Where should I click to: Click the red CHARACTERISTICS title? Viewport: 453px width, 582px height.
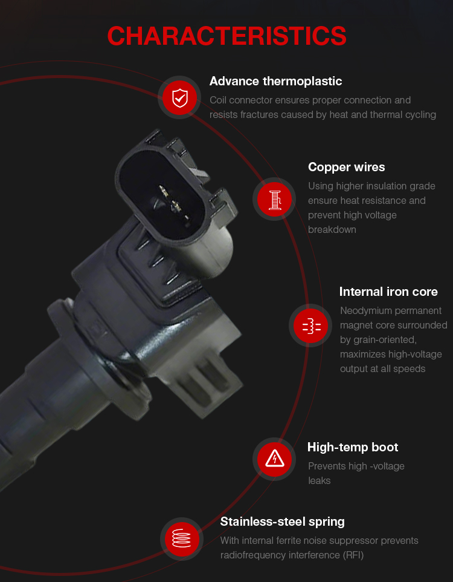pos(226,36)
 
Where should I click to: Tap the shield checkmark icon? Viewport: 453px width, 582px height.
pos(180,97)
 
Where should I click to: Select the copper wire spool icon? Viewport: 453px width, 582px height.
pos(274,199)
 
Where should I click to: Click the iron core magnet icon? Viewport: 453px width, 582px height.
pos(311,325)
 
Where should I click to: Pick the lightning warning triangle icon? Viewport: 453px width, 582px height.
pos(274,459)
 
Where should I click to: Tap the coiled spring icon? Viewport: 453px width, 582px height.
pos(182,538)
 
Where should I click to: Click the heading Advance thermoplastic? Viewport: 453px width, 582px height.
pos(275,81)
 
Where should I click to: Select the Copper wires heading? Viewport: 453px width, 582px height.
pos(346,167)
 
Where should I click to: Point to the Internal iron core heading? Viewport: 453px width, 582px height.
pos(388,292)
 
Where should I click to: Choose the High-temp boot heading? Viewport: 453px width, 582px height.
pos(353,447)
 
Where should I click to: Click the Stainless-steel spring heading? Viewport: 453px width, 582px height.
pos(282,522)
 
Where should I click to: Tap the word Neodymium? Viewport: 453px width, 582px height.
pos(364,311)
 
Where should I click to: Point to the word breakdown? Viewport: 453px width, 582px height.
pos(332,230)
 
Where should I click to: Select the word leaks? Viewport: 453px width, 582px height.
pos(319,481)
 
